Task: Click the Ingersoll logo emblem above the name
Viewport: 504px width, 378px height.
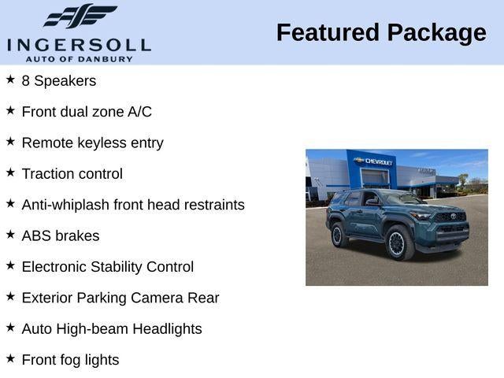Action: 80,17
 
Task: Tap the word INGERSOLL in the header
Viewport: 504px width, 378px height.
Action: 79,44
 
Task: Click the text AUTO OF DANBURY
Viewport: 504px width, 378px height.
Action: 79,59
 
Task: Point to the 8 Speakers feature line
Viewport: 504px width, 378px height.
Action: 59,81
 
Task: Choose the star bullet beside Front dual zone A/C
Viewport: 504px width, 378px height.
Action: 10,111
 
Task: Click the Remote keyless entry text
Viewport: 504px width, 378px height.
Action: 92,143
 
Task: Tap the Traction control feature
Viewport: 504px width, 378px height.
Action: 72,174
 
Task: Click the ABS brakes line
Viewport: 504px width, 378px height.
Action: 61,235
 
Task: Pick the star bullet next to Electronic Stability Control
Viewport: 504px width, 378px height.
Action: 10,266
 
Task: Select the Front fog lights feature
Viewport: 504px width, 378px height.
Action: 70,360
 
